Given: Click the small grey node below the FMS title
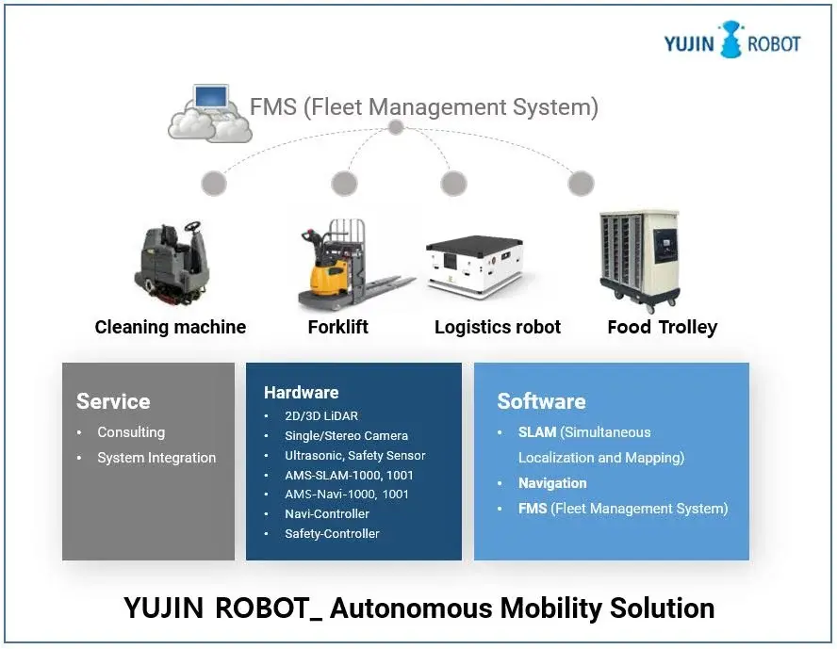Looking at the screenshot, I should tap(396, 127).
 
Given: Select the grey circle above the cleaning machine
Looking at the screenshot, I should tap(214, 183).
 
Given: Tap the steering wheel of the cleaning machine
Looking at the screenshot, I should tap(192, 228).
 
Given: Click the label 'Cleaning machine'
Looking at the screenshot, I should tap(171, 328).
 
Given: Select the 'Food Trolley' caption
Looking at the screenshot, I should tap(662, 328).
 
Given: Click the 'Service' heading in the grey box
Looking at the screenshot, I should tap(113, 401).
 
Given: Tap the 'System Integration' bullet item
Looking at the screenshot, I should tap(156, 458).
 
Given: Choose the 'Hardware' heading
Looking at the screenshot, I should tap(301, 393).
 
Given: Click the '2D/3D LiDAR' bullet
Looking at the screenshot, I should tap(321, 415).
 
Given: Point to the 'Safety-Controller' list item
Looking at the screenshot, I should tap(332, 533).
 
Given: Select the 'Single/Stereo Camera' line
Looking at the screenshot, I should tap(346, 435).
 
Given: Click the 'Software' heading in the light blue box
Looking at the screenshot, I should tap(541, 401).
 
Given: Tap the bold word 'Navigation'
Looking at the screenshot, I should tap(552, 483).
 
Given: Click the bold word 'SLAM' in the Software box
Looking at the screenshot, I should tap(537, 432).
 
